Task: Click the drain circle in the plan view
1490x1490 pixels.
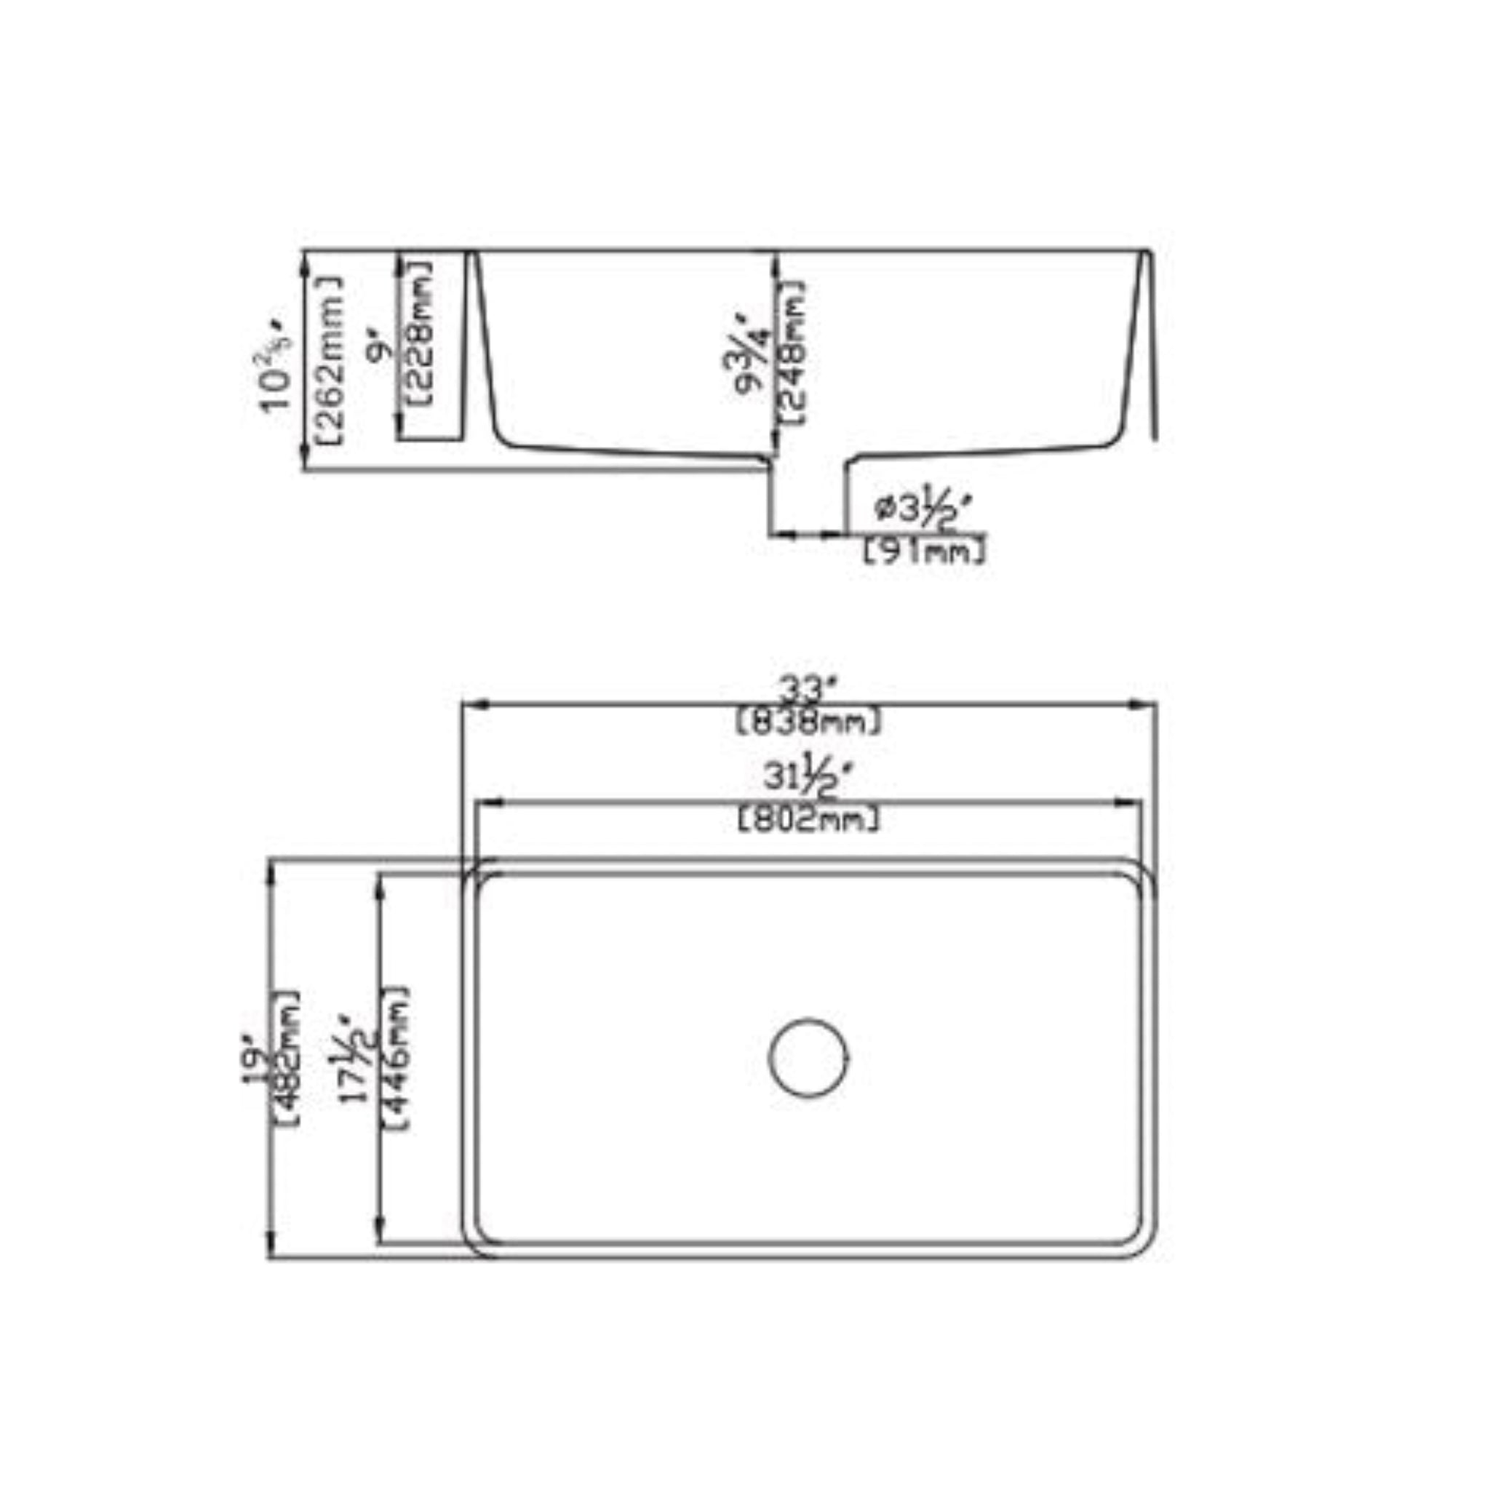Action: coord(808,1057)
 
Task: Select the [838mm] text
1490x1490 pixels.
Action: coord(808,722)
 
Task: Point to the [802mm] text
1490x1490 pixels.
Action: coord(808,819)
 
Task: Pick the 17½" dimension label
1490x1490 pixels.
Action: coord(361,1061)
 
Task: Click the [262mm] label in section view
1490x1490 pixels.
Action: coord(330,359)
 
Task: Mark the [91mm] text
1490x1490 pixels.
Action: coord(923,551)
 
